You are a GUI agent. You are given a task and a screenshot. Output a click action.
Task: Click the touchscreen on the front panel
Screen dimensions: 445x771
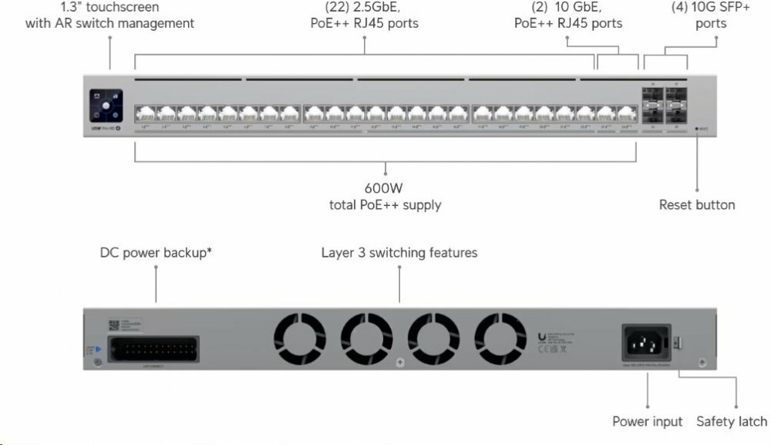click(106, 105)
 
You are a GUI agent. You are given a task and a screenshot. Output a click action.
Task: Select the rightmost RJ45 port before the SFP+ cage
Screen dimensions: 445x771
click(626, 113)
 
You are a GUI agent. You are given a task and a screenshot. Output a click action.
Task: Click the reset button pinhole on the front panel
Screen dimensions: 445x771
click(698, 130)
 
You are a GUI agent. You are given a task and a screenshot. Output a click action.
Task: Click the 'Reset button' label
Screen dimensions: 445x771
click(697, 205)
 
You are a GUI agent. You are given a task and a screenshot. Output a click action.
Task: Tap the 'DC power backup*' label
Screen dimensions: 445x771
click(156, 253)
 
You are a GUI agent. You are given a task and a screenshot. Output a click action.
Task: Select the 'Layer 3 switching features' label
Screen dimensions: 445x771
click(399, 253)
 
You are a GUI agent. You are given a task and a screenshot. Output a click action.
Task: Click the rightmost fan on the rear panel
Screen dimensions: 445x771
click(500, 339)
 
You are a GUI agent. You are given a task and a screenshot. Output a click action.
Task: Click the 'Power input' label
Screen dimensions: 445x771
click(648, 421)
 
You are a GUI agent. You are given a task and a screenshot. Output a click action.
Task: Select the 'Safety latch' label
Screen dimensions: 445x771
click(732, 421)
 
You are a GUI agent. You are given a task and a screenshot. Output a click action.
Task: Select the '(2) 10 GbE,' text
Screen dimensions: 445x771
click(568, 8)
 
